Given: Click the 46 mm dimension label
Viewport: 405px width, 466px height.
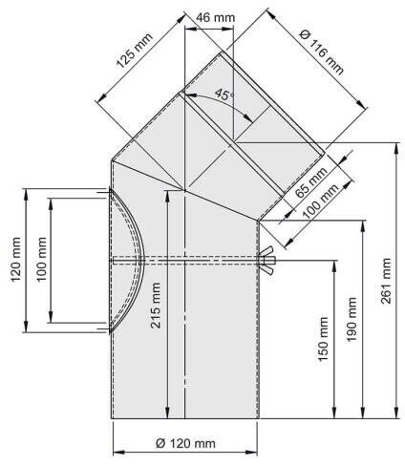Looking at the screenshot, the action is (216, 17).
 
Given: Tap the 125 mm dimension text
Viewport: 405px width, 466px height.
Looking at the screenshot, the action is (135, 51).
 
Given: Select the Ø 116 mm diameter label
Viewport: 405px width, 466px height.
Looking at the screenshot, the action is (322, 52).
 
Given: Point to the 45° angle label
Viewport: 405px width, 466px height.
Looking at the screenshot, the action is (224, 95).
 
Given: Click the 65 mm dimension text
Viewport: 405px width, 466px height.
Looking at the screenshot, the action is (310, 181).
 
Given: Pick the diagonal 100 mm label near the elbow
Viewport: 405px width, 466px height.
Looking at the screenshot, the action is (320, 201).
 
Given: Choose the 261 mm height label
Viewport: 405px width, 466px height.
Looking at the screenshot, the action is (386, 281).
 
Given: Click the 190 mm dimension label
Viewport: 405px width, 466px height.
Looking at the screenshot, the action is (352, 320).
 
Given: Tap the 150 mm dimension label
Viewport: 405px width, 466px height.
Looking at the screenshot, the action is (323, 339).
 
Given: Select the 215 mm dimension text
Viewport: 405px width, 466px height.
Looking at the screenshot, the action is (156, 306).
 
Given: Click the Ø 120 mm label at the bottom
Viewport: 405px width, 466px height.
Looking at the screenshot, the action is (185, 443).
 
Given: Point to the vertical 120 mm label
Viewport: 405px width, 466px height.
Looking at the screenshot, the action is (16, 260).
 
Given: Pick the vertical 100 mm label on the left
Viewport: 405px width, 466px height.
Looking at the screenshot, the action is (41, 259).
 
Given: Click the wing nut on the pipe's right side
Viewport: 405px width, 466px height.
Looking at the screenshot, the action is (267, 261).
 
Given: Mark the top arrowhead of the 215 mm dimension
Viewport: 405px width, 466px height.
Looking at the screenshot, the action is (166, 197).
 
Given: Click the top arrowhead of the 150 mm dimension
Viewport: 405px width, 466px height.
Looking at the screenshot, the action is (334, 266).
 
